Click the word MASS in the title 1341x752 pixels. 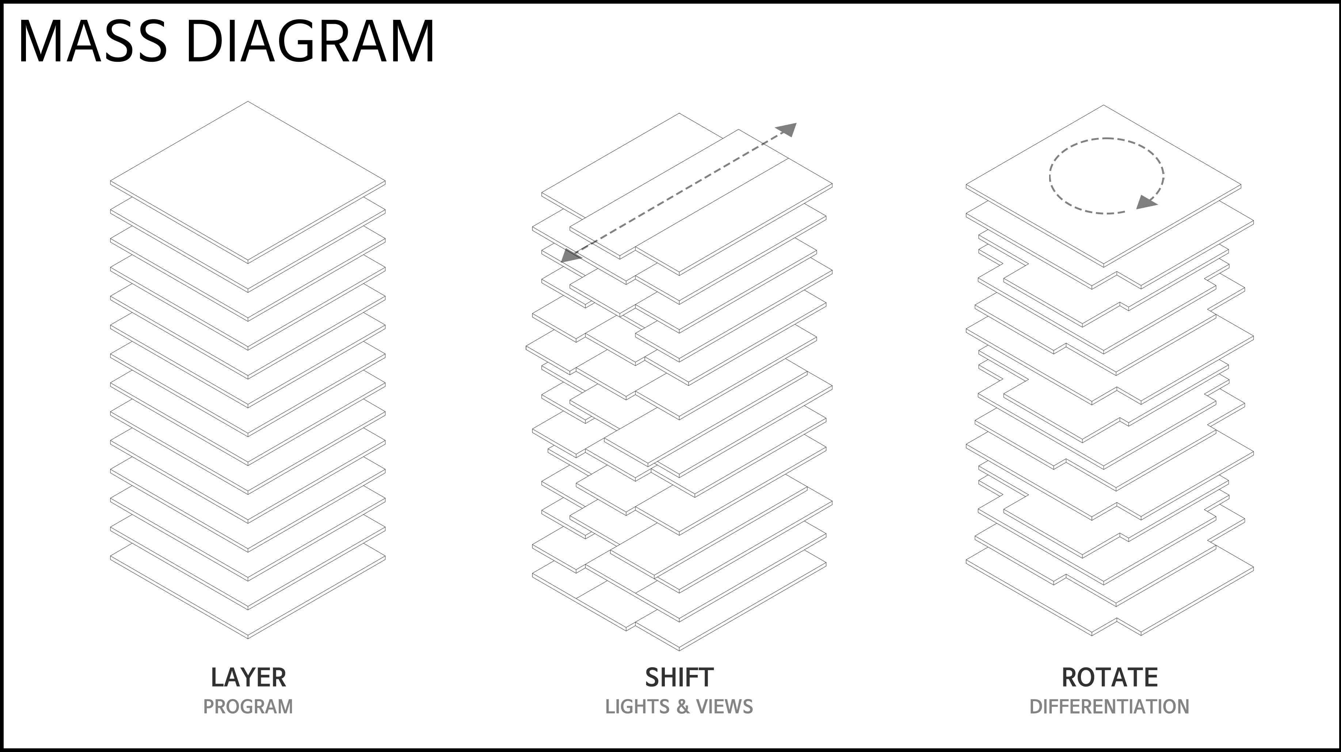[93, 42]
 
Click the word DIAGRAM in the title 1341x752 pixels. [310, 42]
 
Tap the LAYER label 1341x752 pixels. [248, 677]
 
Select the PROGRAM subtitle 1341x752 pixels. [248, 707]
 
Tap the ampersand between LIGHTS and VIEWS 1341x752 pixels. [683, 707]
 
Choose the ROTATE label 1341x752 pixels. [1110, 677]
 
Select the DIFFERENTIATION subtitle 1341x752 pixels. [1110, 707]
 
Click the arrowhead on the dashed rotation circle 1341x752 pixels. [1146, 202]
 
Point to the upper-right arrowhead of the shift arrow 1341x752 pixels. [787, 129]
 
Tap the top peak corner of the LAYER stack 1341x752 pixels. [248, 102]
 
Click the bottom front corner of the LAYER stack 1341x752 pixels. [248, 638]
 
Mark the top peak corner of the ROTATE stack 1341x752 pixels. [1104, 105]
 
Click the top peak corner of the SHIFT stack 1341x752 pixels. [679, 113]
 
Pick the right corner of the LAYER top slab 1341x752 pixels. [385, 182]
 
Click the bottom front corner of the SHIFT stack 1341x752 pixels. [679, 650]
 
